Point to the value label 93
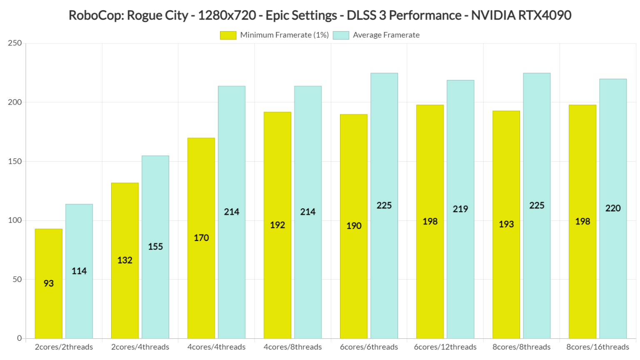point(48,283)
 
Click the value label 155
point(155,247)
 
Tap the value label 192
point(277,225)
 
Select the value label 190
point(354,226)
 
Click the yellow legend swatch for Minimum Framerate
point(228,35)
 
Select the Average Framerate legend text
point(386,35)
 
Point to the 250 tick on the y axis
point(15,43)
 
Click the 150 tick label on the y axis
point(15,161)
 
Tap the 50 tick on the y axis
point(17,279)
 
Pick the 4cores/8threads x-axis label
point(292,347)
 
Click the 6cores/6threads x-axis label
point(369,347)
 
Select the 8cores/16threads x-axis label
point(597,347)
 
